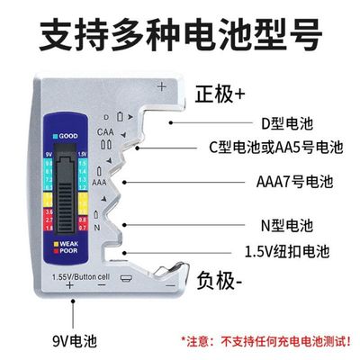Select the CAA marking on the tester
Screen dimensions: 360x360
tap(105, 131)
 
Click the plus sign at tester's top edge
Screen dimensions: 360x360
tap(161, 86)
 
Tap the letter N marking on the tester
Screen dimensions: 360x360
tap(96, 227)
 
